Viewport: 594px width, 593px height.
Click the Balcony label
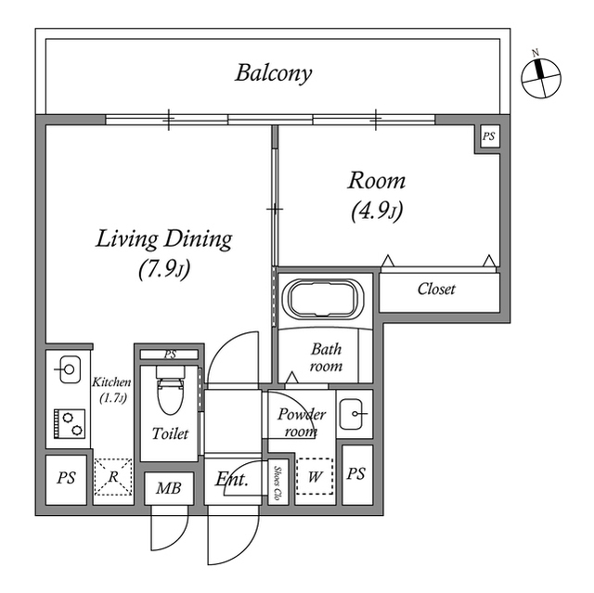pos(273,72)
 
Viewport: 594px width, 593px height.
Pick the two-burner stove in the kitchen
pos(69,423)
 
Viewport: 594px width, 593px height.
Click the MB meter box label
pos(168,488)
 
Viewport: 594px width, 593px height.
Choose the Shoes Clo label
pos(278,483)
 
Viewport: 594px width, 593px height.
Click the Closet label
pos(435,290)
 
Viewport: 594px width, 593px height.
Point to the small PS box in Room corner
pos(488,137)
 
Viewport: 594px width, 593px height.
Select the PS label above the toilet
pos(170,355)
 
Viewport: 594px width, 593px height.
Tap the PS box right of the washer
pos(356,474)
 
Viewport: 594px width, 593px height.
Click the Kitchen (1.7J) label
pos(111,390)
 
